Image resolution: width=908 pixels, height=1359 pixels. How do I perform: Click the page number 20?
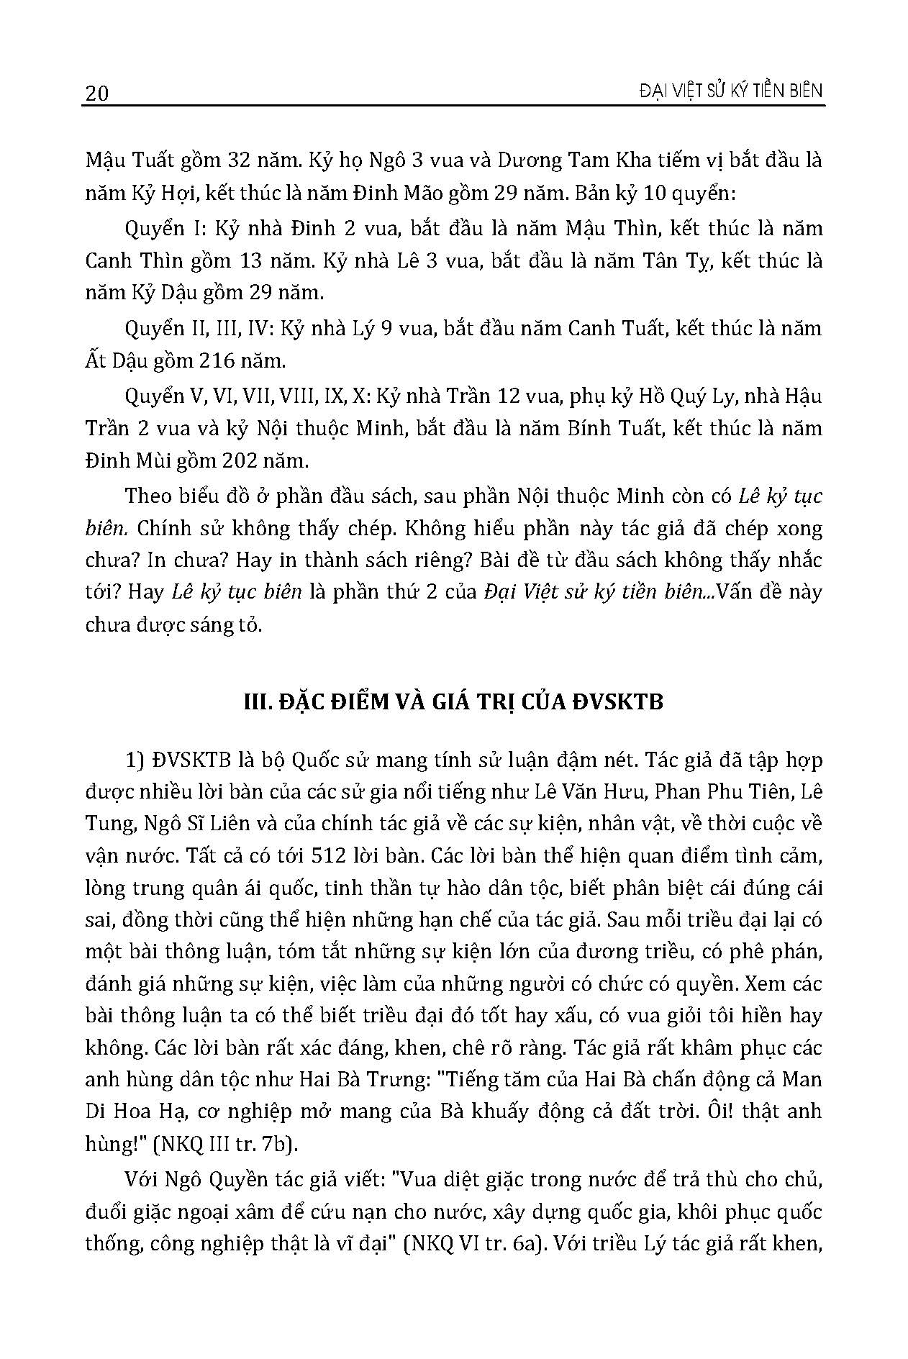point(96,94)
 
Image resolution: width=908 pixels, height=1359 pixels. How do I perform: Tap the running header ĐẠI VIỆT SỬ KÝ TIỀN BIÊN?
point(720,91)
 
